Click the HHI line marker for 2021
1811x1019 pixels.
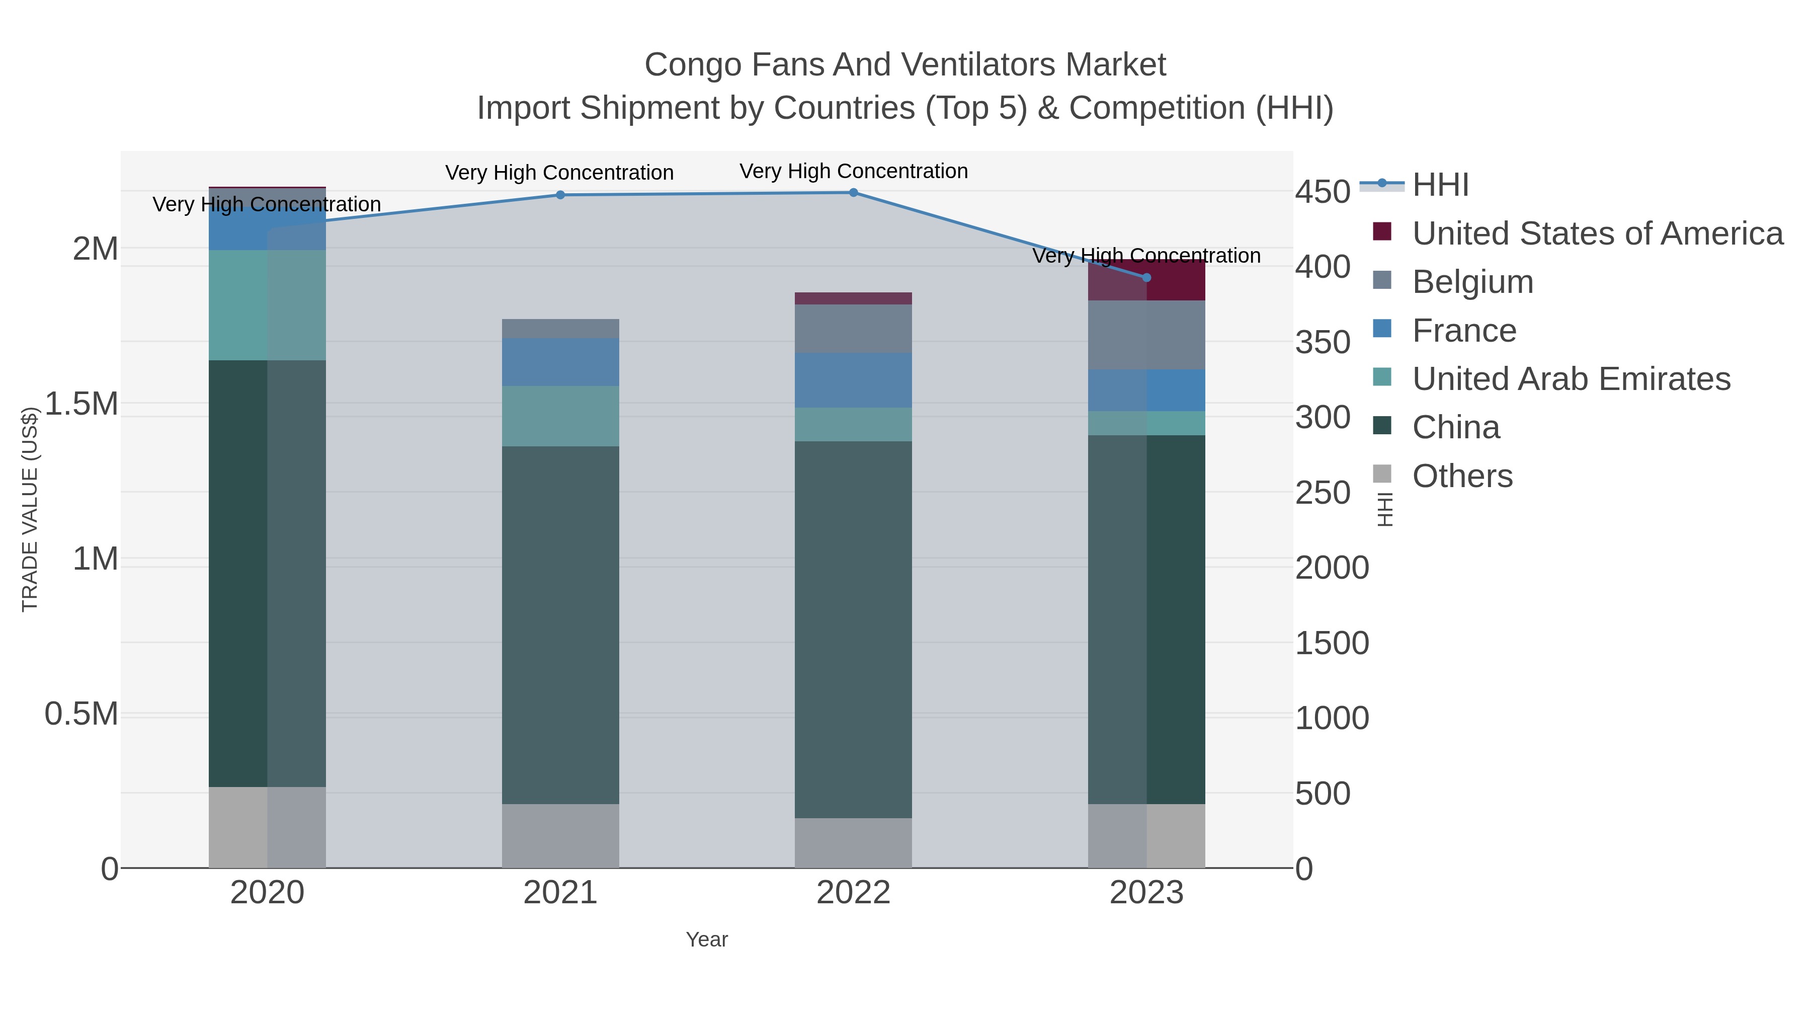pos(560,195)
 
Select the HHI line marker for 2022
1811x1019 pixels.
pos(854,193)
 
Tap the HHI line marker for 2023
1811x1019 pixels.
pos(1146,278)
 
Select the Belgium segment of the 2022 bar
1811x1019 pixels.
pos(854,329)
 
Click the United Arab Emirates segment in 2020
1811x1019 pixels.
pos(267,305)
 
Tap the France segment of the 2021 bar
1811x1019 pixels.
pos(560,362)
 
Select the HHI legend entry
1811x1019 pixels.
pos(1440,185)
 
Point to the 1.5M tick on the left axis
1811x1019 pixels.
pos(81,404)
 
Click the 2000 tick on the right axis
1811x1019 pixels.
pos(1332,568)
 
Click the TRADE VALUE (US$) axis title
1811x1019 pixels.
pos(30,509)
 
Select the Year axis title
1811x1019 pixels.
pos(707,939)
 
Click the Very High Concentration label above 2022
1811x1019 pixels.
pos(854,171)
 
